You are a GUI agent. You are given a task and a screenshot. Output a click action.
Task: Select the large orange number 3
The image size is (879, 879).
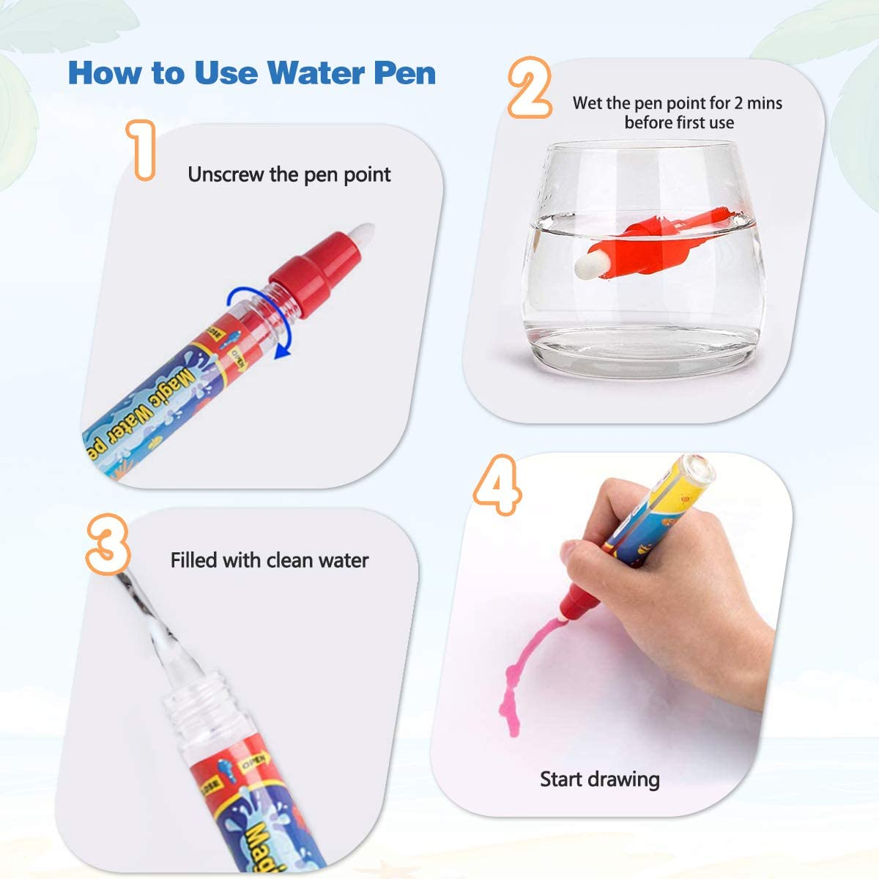pyautogui.click(x=108, y=542)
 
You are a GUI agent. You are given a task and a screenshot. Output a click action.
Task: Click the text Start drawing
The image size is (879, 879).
pyautogui.click(x=599, y=779)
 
